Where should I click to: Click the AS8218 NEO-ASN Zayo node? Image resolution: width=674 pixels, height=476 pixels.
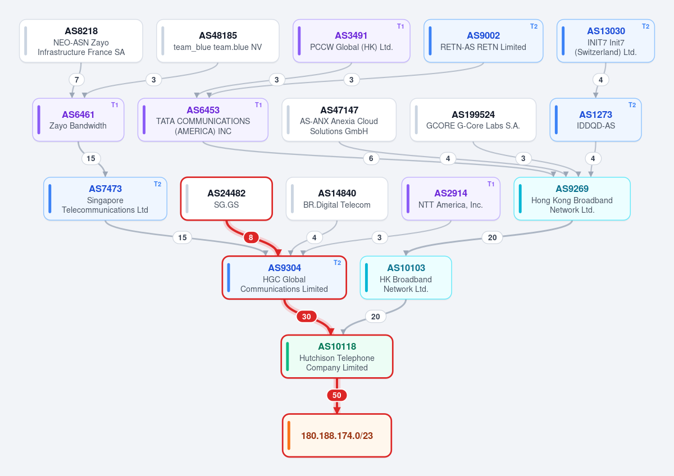[81, 41]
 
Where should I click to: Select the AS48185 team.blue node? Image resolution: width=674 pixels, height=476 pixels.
[218, 41]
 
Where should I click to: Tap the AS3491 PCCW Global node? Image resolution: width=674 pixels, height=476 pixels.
[352, 41]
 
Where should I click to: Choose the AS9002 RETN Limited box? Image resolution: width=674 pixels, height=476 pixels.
[483, 41]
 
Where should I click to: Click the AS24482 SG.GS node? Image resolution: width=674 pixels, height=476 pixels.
[226, 199]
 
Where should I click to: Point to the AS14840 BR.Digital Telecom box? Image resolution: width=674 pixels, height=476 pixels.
[336, 199]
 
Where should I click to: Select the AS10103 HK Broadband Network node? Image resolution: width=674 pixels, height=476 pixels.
[406, 277]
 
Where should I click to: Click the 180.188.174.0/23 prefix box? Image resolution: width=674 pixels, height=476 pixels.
[337, 436]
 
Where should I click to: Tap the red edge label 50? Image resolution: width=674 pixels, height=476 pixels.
[336, 395]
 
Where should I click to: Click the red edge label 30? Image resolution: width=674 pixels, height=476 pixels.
[306, 317]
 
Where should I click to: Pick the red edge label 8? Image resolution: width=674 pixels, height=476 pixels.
[251, 237]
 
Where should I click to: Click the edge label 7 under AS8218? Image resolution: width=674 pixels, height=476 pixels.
[77, 80]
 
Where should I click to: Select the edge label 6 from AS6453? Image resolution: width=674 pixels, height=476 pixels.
[371, 158]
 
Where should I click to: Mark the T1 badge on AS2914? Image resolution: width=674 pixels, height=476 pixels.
[491, 184]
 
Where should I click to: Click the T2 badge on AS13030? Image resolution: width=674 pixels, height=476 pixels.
[645, 26]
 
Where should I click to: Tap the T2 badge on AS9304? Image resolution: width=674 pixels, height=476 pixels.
[338, 263]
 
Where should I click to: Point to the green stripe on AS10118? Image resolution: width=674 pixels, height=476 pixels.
[288, 356]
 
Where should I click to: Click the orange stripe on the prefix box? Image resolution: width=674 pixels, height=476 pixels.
[289, 436]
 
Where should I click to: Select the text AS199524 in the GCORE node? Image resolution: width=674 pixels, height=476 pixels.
[473, 115]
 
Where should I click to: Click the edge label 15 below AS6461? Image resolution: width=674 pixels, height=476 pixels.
[91, 158]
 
